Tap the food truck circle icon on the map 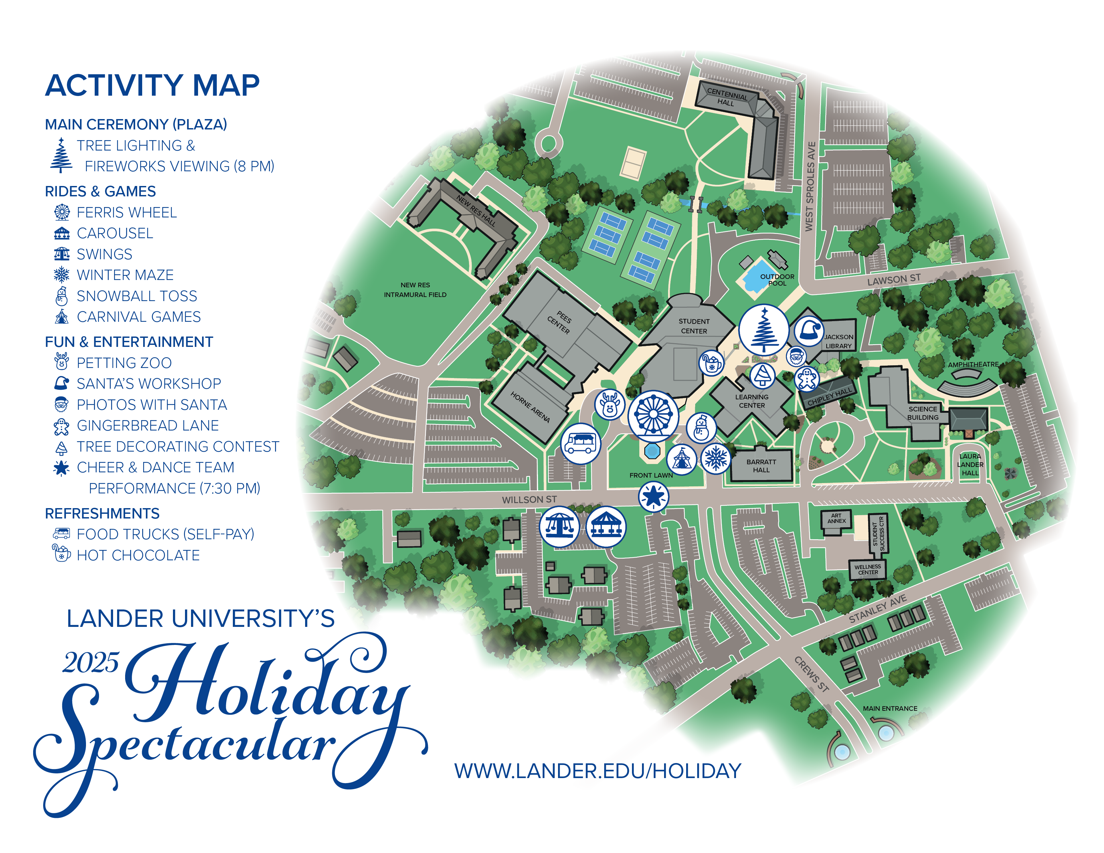[x=580, y=443]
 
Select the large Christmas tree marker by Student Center [x=763, y=329]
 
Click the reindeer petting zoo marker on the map [x=610, y=404]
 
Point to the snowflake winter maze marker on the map [x=715, y=458]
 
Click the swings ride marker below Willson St [x=559, y=527]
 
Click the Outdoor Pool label [x=777, y=280]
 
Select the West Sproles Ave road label [x=810, y=187]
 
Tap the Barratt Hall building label [x=761, y=465]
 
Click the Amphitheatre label [x=973, y=364]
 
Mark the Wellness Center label [x=867, y=570]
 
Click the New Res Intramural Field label [x=415, y=290]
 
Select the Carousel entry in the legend [x=115, y=233]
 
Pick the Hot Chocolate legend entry [x=138, y=555]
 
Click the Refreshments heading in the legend [x=102, y=513]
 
